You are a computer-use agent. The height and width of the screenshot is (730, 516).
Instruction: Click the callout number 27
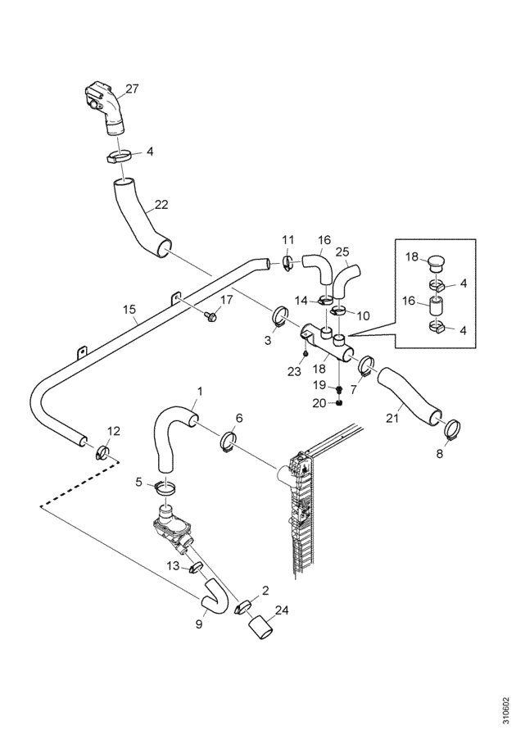132,88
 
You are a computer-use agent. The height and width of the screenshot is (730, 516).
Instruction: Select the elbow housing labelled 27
106,108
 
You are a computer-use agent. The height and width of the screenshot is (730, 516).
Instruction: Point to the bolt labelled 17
210,316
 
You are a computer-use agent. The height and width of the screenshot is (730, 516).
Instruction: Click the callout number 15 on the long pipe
129,309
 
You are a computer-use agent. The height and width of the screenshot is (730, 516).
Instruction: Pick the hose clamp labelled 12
103,451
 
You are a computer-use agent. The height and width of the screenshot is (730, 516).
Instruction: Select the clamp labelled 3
278,316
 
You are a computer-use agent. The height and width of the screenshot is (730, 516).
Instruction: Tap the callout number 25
342,252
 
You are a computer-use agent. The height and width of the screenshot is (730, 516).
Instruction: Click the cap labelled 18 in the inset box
435,262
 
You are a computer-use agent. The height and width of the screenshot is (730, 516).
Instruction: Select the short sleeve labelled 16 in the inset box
437,308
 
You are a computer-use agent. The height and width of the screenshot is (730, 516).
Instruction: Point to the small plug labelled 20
340,402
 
